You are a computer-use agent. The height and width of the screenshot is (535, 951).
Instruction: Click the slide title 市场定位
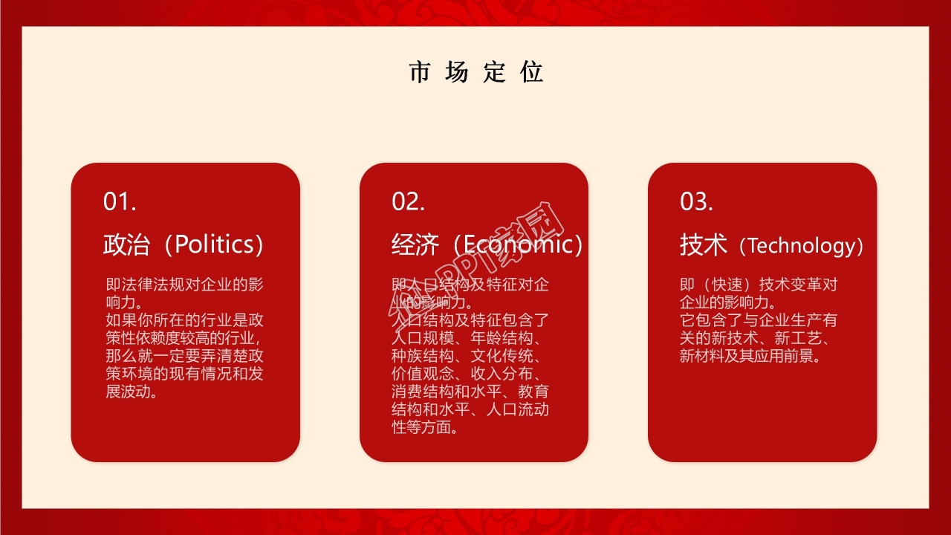(x=475, y=72)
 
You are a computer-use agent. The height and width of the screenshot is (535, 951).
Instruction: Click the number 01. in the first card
(x=119, y=201)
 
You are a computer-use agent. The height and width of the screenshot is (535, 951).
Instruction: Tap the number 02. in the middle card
(x=408, y=201)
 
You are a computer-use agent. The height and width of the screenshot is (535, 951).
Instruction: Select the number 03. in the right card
(x=696, y=201)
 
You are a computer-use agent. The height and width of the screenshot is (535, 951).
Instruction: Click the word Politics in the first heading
(x=213, y=244)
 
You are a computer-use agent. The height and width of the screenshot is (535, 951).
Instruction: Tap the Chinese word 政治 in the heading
(x=127, y=244)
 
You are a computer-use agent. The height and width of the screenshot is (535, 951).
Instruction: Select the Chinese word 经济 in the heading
(x=415, y=244)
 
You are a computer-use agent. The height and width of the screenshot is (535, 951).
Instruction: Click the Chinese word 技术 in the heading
(x=704, y=244)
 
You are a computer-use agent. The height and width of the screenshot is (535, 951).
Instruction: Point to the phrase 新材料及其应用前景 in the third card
(x=750, y=356)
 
